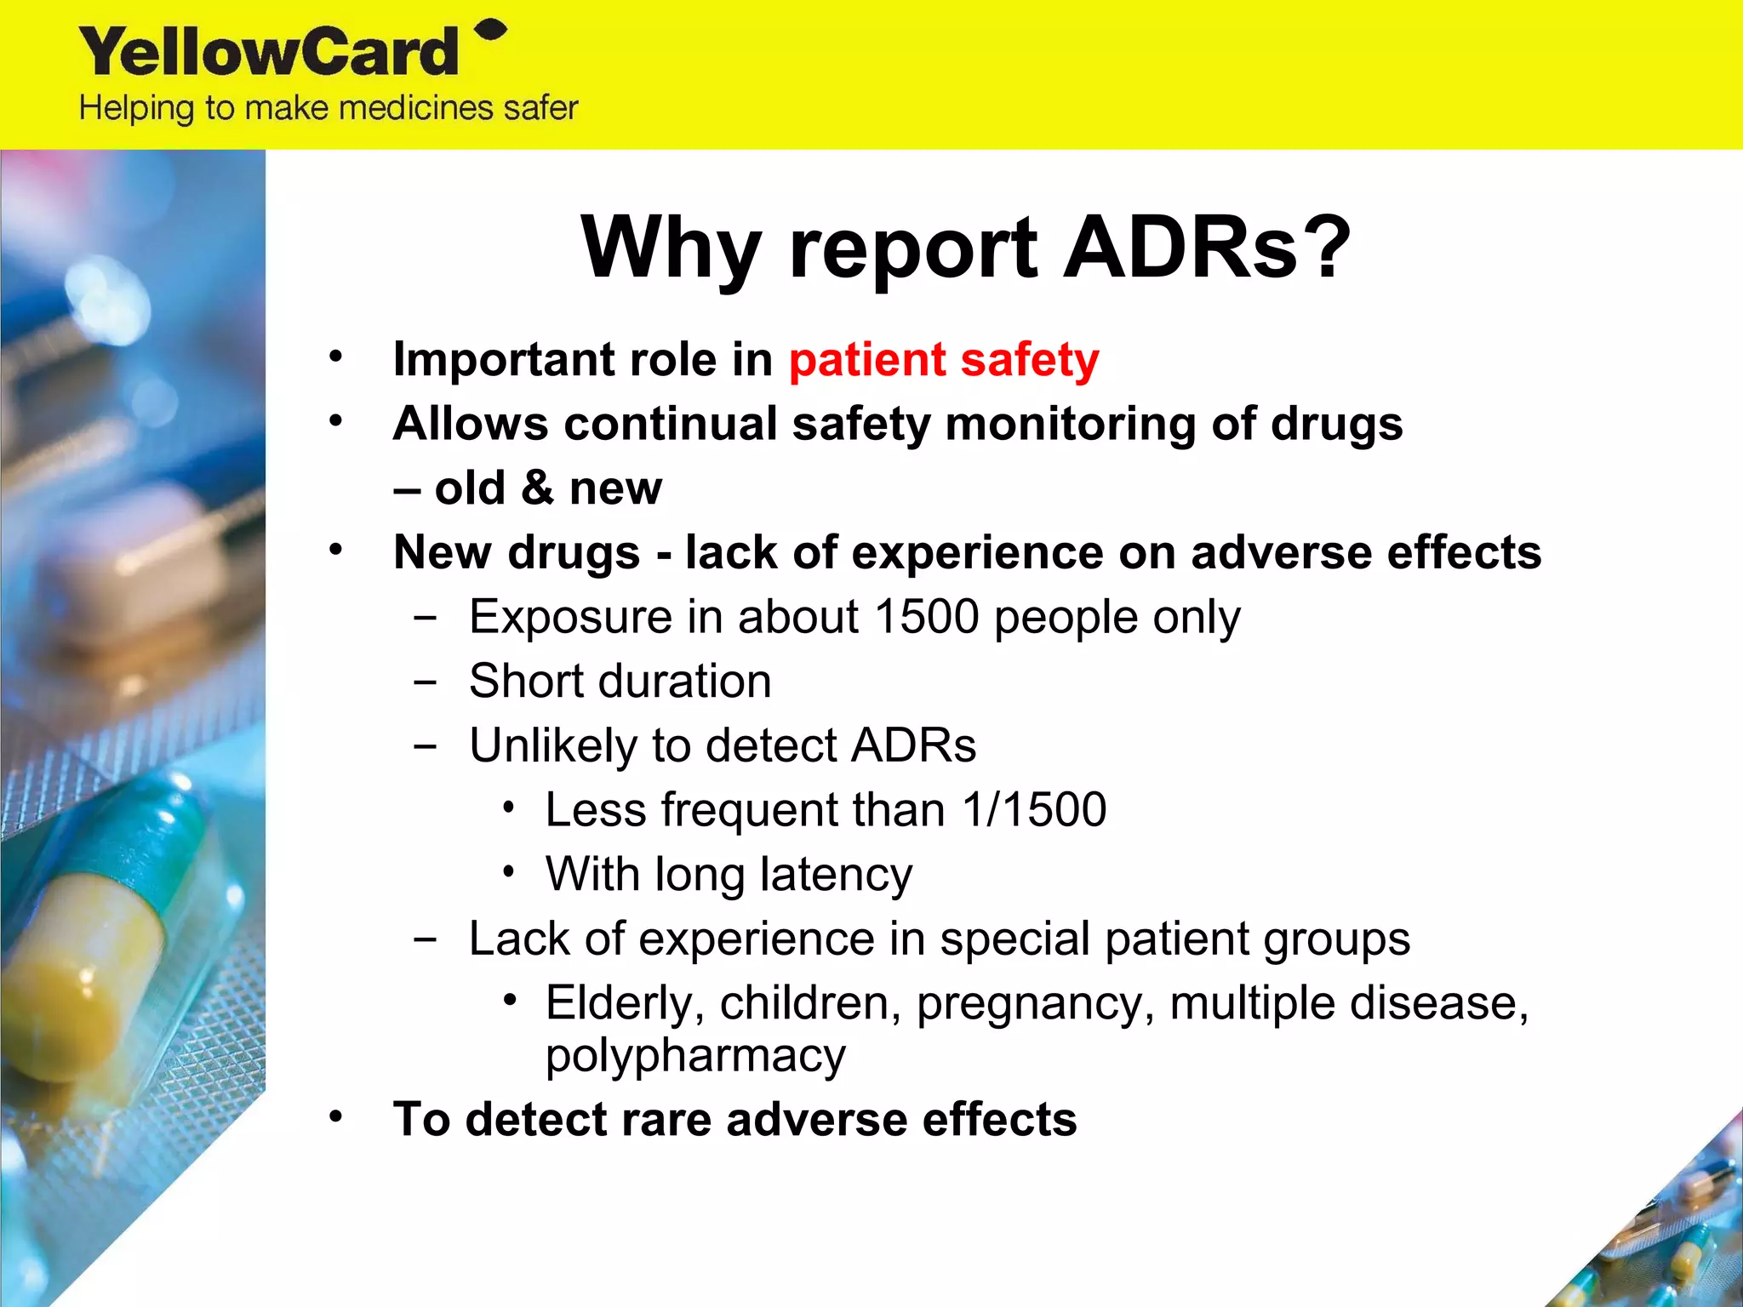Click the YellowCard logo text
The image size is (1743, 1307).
(269, 53)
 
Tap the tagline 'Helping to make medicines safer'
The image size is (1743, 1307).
(329, 109)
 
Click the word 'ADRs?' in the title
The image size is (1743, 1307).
(1207, 247)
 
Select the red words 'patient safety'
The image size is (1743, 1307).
(944, 360)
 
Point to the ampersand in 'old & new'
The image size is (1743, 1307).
(537, 488)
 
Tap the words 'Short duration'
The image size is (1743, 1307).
(620, 681)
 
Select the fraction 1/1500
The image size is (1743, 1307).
(1034, 809)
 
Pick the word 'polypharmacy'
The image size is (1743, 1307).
(695, 1055)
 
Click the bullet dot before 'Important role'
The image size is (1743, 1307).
(336, 356)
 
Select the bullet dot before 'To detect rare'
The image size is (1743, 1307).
(336, 1116)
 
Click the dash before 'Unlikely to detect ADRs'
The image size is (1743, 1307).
(425, 746)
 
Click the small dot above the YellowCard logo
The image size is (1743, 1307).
(490, 31)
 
